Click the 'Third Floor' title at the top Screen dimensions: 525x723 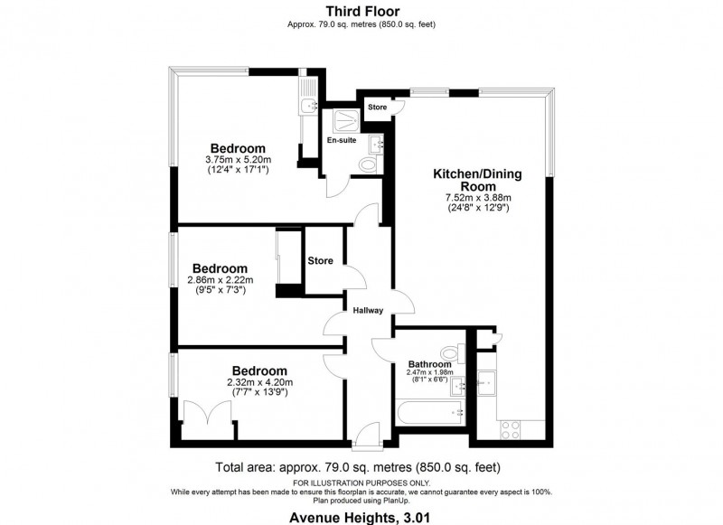pyautogui.click(x=361, y=12)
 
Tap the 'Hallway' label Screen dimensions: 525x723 pyautogui.click(x=368, y=311)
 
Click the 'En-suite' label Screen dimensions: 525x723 pyautogui.click(x=341, y=141)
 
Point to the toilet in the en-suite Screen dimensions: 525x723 pyautogui.click(x=367, y=164)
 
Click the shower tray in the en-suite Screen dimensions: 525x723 pyautogui.click(x=343, y=119)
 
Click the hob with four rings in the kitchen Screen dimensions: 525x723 pyautogui.click(x=511, y=427)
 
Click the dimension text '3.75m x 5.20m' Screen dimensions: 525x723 pyautogui.click(x=237, y=160)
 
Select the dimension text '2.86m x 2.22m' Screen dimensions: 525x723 pyautogui.click(x=220, y=280)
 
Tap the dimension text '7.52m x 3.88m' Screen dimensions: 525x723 pyautogui.click(x=478, y=198)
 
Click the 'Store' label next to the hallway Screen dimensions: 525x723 pyautogui.click(x=320, y=261)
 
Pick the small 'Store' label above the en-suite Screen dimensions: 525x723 pyautogui.click(x=377, y=108)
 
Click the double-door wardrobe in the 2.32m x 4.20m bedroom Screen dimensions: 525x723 pyautogui.click(x=208, y=420)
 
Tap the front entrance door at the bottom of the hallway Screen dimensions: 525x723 pyautogui.click(x=368, y=439)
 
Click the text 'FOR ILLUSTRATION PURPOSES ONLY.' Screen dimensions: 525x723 pyautogui.click(x=361, y=484)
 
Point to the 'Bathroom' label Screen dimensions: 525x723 pyautogui.click(x=430, y=364)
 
